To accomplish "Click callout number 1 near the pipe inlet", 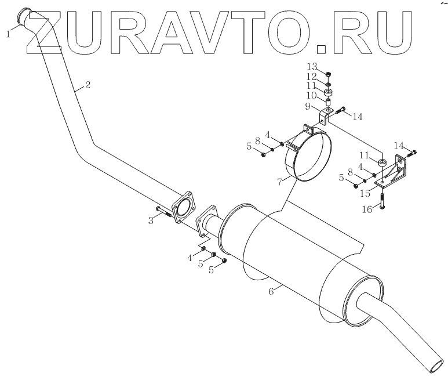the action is coord(9,34).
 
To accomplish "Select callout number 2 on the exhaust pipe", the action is coord(87,85).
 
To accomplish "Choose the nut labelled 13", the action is coord(328,74).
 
